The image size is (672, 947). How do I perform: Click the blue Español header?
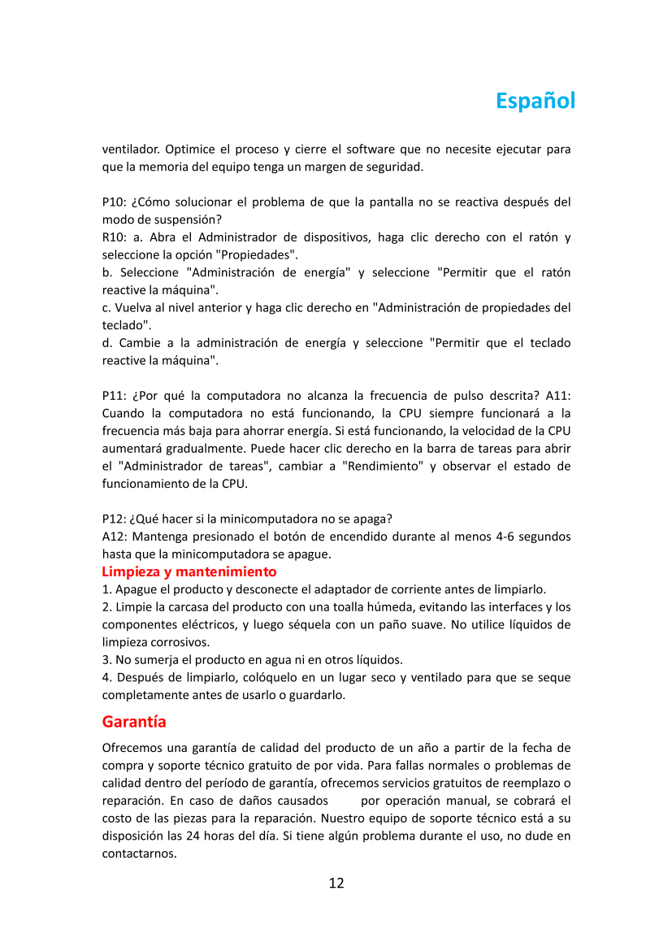tap(535, 101)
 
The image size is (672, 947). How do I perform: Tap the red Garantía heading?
tap(134, 722)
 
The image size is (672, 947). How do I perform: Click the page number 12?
tap(336, 883)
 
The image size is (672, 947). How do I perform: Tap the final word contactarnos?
tap(139, 854)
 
